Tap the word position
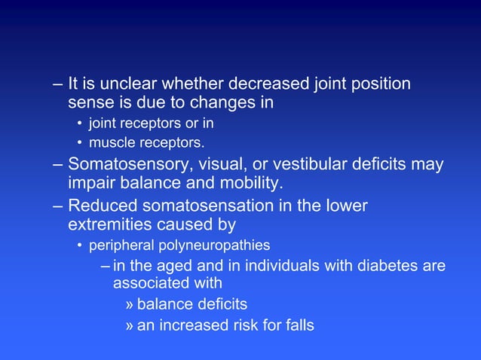click(x=381, y=84)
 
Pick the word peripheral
click(x=121, y=246)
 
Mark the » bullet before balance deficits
click(x=130, y=304)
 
